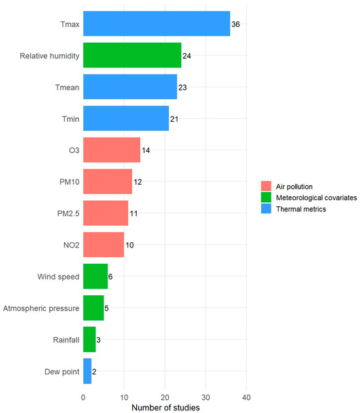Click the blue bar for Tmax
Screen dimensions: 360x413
tap(156, 24)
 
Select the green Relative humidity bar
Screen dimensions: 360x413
tap(132, 55)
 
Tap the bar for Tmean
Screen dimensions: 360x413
tap(130, 86)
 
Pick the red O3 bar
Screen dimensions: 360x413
tap(112, 150)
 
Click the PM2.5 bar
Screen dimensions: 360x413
tap(105, 213)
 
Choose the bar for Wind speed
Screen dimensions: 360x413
tap(96, 276)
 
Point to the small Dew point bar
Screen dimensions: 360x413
tap(87, 371)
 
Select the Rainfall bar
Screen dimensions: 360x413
tap(89, 340)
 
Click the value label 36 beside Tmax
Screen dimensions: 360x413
tap(236, 24)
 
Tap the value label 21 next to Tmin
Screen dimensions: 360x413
tap(174, 119)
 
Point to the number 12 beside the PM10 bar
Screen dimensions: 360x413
tap(137, 182)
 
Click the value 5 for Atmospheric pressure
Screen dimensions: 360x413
tap(107, 308)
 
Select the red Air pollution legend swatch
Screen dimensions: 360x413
tap(266, 186)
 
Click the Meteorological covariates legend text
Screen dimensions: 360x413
tap(316, 198)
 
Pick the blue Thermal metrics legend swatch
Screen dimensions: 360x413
tap(266, 209)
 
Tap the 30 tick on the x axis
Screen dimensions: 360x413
tap(206, 397)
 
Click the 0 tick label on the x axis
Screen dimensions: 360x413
tap(83, 397)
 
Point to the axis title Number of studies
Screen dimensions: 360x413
tap(166, 408)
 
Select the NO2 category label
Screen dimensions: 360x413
tap(71, 245)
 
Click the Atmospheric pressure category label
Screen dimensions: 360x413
tap(41, 308)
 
